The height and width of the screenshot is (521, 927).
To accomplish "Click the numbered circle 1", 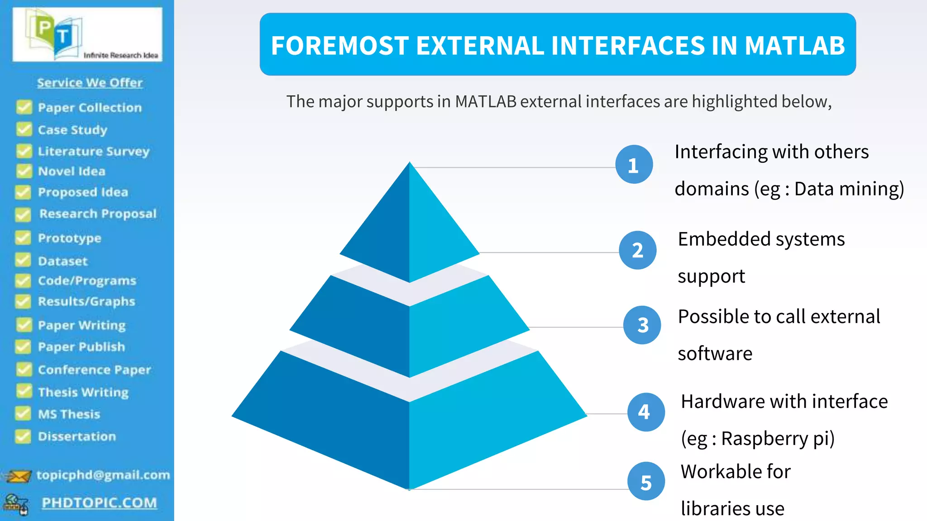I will [634, 165].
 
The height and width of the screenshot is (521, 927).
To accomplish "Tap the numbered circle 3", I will [642, 325].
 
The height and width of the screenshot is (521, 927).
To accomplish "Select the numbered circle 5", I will [646, 481].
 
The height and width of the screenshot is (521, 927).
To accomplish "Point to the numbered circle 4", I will [645, 412].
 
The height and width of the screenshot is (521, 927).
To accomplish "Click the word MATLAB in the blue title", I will [795, 45].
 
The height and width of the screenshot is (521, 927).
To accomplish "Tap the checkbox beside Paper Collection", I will [24, 107].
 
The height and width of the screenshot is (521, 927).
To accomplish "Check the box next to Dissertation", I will [23, 436].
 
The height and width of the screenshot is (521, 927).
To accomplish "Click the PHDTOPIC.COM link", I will [99, 503].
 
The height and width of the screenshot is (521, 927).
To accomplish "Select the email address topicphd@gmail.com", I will [103, 475].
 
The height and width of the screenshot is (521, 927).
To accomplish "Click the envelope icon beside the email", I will [18, 476].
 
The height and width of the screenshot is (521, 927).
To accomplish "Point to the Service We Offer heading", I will [90, 83].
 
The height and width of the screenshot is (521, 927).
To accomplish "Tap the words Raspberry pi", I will [778, 439].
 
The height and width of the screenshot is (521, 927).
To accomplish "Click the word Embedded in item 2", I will [724, 239].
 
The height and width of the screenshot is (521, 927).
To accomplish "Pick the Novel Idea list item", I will [72, 171].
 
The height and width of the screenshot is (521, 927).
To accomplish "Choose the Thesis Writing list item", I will [83, 392].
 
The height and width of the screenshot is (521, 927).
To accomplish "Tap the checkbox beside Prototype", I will [23, 238].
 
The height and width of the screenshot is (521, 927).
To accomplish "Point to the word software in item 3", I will [715, 354].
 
